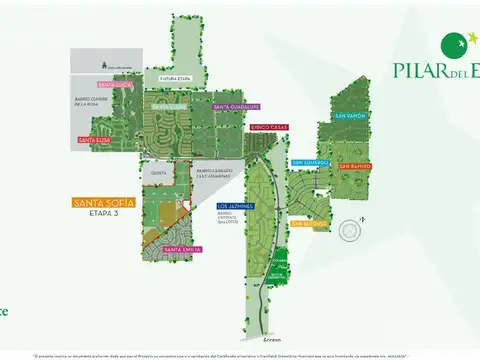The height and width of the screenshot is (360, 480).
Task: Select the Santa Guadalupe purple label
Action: pyautogui.click(x=236, y=106)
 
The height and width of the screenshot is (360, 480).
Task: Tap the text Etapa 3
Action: pyautogui.click(x=103, y=214)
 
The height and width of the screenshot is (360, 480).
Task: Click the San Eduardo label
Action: pyautogui.click(x=310, y=162)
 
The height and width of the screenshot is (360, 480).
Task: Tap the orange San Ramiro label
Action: pyautogui.click(x=354, y=166)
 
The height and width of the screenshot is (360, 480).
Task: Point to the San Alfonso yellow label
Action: pyautogui.click(x=308, y=224)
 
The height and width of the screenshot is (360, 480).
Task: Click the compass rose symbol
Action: pyautogui.click(x=350, y=231)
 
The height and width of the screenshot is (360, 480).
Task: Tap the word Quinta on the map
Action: pyautogui.click(x=157, y=171)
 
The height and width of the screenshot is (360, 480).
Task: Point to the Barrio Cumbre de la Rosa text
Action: pyautogui.click(x=90, y=101)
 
